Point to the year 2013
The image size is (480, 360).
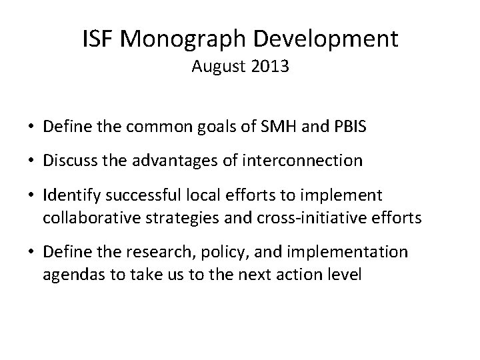click(270, 67)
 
